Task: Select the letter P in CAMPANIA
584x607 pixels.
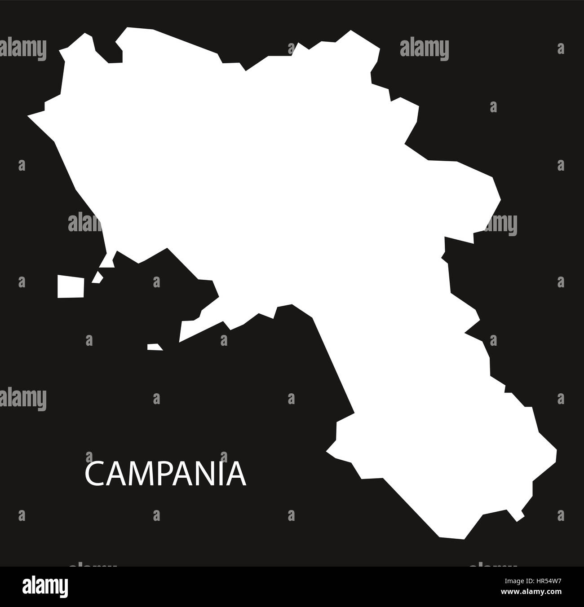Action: [159, 475]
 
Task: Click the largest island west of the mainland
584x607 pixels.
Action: [71, 286]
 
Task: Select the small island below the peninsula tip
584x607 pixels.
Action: [154, 347]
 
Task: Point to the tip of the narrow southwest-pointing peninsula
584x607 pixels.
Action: [180, 340]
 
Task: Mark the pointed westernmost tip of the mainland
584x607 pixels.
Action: [29, 116]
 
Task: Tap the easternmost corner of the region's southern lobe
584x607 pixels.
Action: [556, 450]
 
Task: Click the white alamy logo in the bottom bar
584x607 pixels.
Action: [44, 586]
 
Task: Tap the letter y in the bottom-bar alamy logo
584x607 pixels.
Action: [64, 588]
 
